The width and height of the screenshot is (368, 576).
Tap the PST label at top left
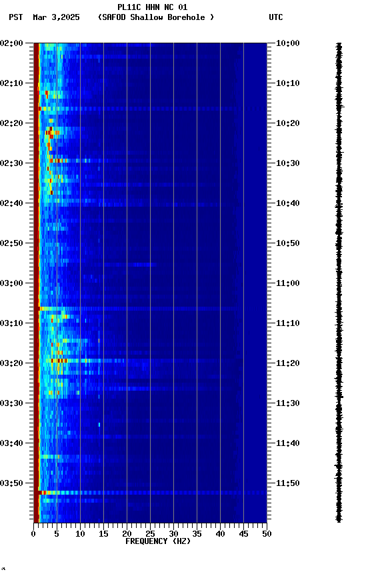16,17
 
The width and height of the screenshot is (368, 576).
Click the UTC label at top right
276,17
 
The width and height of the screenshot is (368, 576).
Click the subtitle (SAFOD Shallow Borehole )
156,17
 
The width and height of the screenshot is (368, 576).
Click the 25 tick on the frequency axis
150,534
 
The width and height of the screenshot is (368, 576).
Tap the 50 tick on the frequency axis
267,534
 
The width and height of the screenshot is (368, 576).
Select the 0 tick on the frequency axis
33,534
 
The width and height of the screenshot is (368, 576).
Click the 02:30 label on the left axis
12,163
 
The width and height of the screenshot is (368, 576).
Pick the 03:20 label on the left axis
12,363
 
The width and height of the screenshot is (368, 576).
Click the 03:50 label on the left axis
12,483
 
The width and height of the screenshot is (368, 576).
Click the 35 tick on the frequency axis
197,534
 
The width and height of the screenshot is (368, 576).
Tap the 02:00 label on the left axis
12,43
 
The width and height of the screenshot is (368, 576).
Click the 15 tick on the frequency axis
103,534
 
